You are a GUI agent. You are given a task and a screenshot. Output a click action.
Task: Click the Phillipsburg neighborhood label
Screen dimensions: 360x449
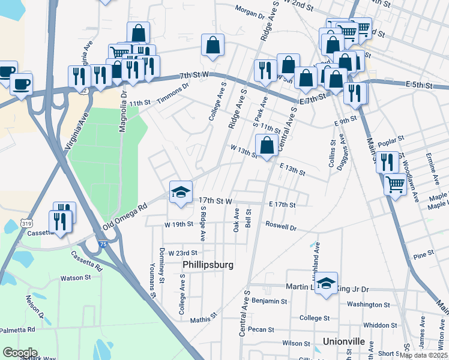coord(208,265)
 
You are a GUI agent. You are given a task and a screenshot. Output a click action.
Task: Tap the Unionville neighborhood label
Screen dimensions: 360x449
coord(344,341)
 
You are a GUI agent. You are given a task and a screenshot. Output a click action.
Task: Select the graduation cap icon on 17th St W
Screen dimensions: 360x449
coord(181,192)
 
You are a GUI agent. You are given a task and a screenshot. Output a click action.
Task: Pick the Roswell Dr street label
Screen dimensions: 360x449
coord(281,227)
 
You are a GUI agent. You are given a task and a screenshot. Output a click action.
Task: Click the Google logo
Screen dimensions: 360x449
coord(20,353)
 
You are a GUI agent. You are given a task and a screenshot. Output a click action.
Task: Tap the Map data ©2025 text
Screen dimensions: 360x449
coord(423,355)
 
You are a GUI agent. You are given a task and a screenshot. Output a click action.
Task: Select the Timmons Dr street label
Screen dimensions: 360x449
coord(173,94)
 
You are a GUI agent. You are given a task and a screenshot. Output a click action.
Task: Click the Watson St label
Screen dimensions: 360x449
coord(75,278)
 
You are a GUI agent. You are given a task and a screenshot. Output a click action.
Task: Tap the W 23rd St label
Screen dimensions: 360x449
coord(183,253)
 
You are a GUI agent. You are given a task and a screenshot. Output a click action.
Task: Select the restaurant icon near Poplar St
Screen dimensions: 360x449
coord(387,161)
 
